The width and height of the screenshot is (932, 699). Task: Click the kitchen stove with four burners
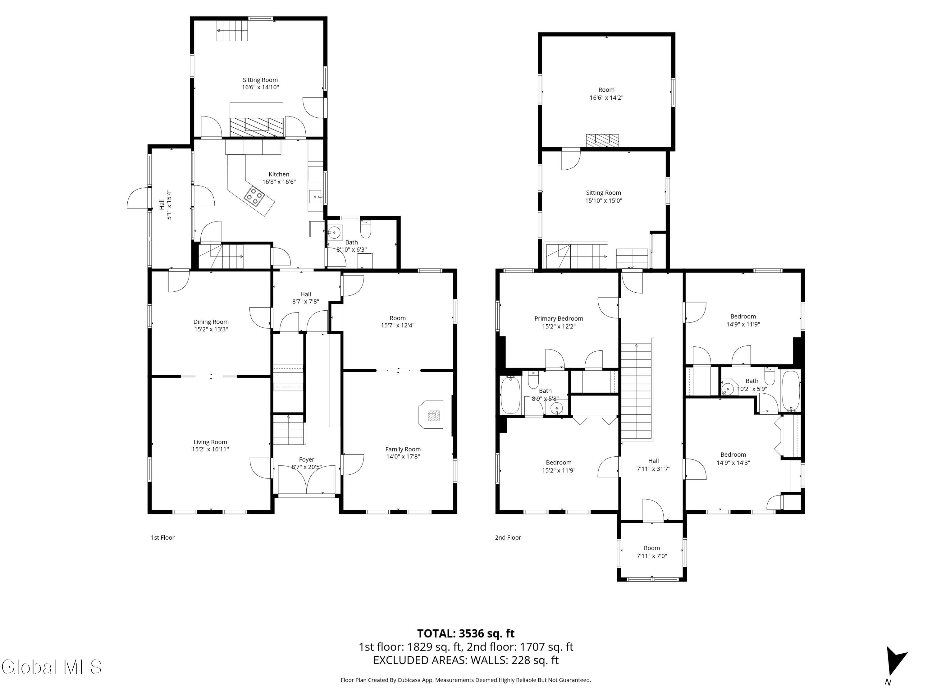click(x=254, y=196)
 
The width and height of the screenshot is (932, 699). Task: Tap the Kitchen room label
click(x=279, y=174)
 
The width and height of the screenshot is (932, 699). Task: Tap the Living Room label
click(x=210, y=442)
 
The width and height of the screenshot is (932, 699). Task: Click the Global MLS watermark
click(x=51, y=667)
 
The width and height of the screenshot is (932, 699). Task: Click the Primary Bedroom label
click(x=559, y=318)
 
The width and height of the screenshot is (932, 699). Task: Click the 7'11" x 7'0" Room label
click(x=651, y=552)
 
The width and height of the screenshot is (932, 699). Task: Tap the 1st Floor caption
click(x=163, y=538)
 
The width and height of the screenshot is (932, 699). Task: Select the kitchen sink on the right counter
click(x=315, y=196)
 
